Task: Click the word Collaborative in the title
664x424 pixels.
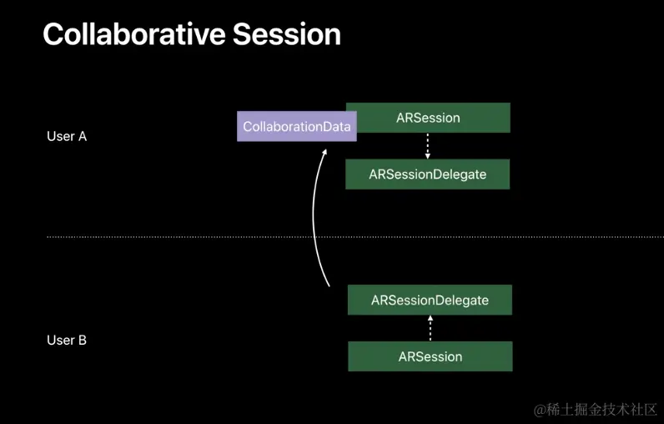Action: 133,34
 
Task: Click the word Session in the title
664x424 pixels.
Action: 287,34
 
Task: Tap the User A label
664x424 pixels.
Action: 67,136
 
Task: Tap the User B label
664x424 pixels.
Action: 67,341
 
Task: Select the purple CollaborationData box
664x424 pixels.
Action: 296,126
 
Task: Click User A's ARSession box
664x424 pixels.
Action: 428,118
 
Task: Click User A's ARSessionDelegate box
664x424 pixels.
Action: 428,174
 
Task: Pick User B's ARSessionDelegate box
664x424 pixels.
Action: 430,300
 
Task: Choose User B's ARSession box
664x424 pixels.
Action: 430,356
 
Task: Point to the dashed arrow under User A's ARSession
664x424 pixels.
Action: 428,146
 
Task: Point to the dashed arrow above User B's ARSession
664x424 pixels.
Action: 430,328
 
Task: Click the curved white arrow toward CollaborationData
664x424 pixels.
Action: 314,216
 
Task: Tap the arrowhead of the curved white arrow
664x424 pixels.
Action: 324,152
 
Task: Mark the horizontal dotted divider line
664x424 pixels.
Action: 355,237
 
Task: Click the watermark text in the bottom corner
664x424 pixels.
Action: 595,410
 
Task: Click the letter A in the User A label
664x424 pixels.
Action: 82,136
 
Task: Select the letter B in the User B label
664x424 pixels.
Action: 82,341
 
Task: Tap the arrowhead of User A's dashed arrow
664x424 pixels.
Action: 428,156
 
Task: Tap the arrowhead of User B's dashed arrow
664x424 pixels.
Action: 430,318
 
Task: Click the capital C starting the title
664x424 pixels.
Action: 53,34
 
